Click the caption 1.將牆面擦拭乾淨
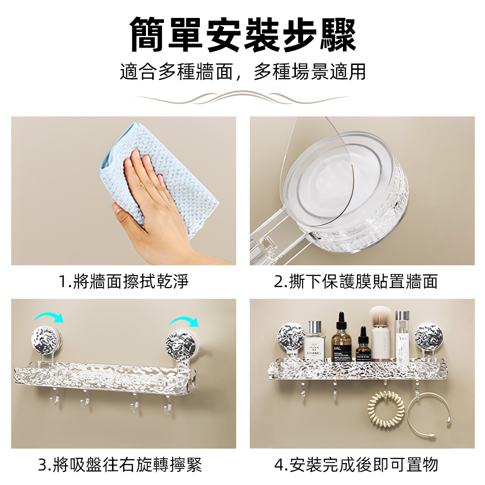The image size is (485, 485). (123, 281)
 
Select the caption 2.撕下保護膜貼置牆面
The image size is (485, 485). (356, 281)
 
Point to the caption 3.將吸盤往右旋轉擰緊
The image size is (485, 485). (120, 465)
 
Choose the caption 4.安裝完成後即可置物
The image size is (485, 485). (356, 465)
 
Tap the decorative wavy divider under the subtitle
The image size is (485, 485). (242, 98)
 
